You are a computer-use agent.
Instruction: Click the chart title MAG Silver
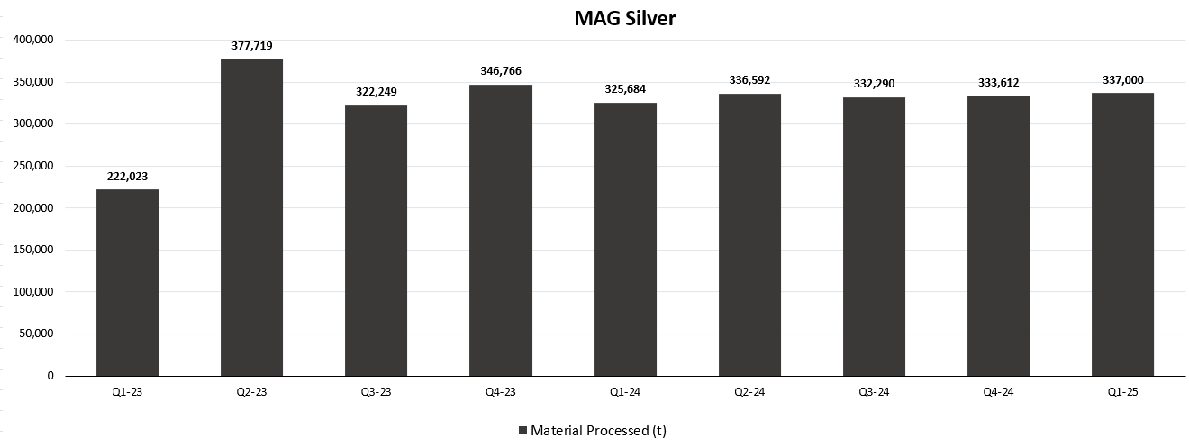pos(624,18)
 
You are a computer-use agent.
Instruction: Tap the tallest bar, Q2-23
pos(251,217)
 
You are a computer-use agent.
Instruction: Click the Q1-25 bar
pos(1122,234)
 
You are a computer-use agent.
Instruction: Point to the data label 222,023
pos(127,177)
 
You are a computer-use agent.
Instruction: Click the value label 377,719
pos(251,46)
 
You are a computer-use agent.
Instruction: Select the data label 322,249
pos(376,93)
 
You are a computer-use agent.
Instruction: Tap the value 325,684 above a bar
pos(625,90)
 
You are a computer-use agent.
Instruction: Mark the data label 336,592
pos(749,81)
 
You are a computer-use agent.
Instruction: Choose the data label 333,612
pos(998,83)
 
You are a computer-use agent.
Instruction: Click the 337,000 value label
pos(1122,80)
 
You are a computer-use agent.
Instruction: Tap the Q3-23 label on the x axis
pos(376,391)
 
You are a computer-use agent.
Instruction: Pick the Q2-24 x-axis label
pos(749,391)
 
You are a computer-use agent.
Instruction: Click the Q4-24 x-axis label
pos(998,391)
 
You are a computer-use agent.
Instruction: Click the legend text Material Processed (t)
pos(598,431)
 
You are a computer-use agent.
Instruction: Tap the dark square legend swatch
pos(522,431)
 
